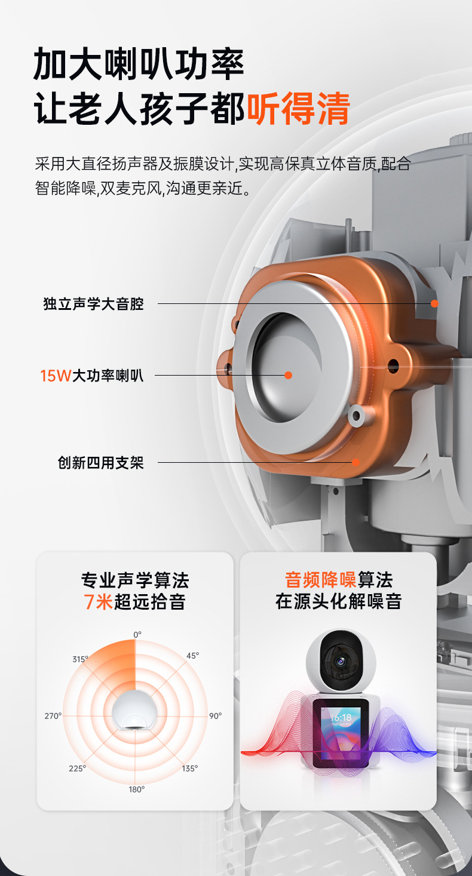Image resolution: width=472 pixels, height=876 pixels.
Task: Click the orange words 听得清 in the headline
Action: point(298,108)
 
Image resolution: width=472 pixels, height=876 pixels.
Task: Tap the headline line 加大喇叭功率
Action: point(139,64)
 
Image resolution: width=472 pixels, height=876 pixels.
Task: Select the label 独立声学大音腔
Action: point(94,304)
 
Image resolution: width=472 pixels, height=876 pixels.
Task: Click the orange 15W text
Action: point(56,376)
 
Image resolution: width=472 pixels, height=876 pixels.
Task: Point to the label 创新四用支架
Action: point(100,463)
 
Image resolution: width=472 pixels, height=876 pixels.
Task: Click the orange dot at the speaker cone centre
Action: point(288,376)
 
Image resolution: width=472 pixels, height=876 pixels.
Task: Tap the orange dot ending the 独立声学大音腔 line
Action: point(434,303)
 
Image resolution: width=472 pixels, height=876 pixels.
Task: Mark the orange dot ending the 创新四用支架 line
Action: point(355,462)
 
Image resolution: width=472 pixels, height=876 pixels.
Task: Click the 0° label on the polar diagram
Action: point(137,634)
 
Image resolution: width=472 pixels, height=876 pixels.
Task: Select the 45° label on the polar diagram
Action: point(192,656)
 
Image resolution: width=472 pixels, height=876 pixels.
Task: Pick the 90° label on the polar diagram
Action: point(215,715)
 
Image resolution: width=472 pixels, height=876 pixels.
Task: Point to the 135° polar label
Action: point(190,769)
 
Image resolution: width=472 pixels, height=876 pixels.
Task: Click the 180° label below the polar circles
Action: point(137,789)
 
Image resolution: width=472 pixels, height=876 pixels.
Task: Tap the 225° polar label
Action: point(77,769)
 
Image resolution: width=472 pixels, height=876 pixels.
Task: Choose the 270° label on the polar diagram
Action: point(53,715)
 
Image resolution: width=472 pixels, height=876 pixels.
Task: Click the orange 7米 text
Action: point(98,601)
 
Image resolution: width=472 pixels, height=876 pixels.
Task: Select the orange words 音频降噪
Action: point(320,580)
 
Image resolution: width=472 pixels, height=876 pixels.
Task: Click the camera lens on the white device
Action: point(340,661)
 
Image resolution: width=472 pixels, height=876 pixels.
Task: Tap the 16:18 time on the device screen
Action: point(341,717)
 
